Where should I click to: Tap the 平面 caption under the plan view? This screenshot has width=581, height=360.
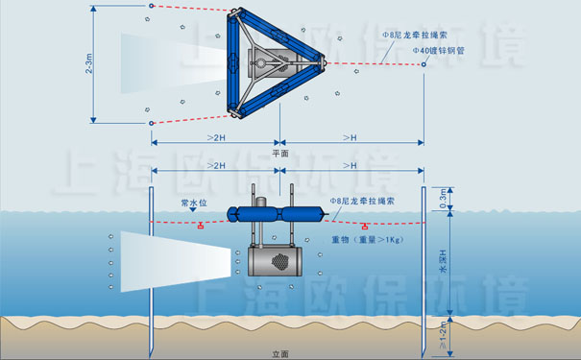click(x=280, y=153)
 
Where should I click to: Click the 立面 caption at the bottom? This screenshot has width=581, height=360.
click(x=280, y=353)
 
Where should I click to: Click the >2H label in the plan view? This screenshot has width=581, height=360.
click(x=216, y=138)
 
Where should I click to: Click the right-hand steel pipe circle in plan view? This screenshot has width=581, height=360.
click(x=424, y=64)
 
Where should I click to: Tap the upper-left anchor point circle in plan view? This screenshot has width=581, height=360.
click(x=151, y=7)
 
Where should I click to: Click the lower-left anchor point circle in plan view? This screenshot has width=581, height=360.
click(x=151, y=123)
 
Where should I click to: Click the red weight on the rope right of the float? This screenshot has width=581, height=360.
click(x=366, y=227)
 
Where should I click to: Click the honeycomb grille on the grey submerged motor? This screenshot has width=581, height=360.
click(x=280, y=260)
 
